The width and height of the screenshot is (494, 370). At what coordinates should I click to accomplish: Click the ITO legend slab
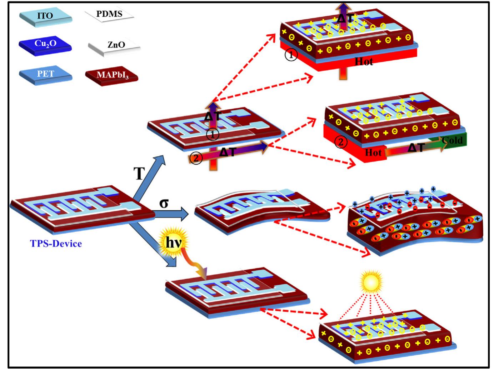coord(46,17)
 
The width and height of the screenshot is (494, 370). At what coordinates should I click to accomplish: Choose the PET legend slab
coord(46,75)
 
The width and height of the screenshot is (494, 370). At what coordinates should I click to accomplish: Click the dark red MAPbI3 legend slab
coord(112,76)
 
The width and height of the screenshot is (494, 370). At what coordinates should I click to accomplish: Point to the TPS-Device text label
coord(56,244)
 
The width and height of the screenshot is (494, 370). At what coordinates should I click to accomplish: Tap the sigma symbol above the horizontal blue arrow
coord(164,203)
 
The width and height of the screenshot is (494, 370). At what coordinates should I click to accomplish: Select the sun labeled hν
coord(173,242)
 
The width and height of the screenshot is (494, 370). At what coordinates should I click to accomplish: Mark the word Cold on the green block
coord(452,140)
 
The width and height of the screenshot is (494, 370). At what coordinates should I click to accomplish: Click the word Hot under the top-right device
coord(364,62)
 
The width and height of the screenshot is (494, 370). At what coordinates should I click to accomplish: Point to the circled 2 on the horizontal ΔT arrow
coord(196,158)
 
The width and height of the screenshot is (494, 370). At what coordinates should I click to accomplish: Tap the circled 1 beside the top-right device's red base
coord(291,55)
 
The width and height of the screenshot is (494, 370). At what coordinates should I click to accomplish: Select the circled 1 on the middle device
coord(213,134)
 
